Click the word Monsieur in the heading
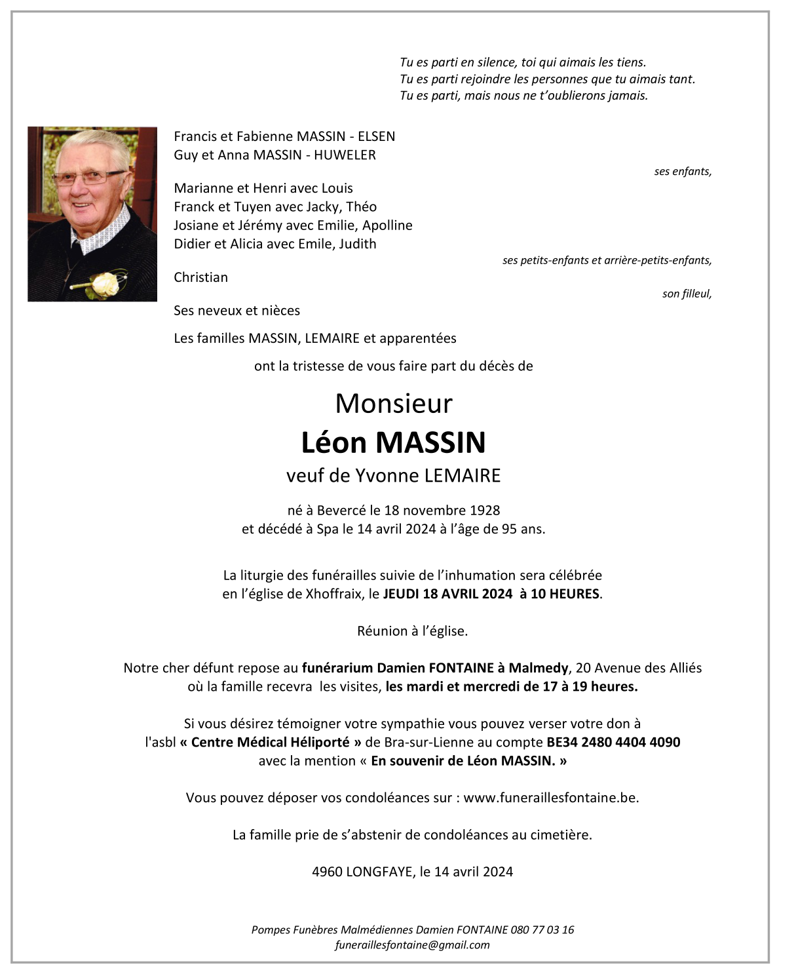point(394,404)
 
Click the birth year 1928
point(485,511)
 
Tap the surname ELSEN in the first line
point(376,136)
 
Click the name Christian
point(200,277)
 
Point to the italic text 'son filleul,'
point(687,294)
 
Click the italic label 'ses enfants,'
point(683,172)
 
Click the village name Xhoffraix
point(333,594)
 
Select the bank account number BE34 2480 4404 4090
point(613,743)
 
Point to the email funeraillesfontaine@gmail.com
point(412,945)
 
